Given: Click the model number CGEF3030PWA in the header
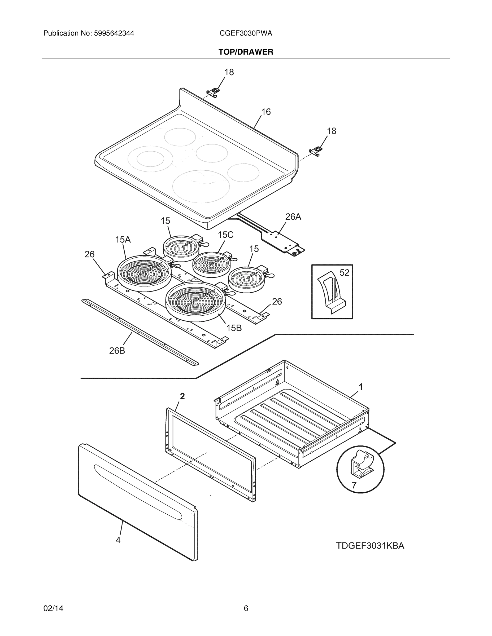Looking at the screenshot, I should (x=246, y=33).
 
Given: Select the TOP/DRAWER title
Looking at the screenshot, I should (x=246, y=52).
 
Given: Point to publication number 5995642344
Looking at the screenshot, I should (x=114, y=33).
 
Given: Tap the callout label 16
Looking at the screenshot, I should (x=266, y=112).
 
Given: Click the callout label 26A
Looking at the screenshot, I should (x=293, y=217).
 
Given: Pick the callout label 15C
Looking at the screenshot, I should (x=226, y=235).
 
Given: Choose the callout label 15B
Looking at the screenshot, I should (x=234, y=328).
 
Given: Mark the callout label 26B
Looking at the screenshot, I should (x=117, y=351).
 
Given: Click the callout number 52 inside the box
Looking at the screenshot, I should (x=344, y=273).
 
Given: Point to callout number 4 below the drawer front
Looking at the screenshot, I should (x=118, y=540).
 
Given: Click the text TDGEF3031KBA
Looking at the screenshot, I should (x=370, y=546).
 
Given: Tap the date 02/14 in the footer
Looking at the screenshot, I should (x=53, y=608).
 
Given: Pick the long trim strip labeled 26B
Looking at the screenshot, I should (x=140, y=332).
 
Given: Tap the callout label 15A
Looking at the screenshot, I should (x=123, y=240).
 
